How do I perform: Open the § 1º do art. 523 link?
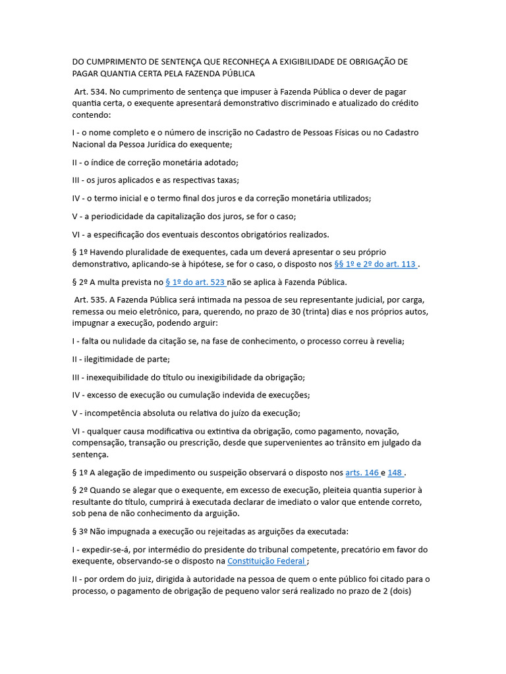tap(195, 282)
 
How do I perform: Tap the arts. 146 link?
tap(362, 473)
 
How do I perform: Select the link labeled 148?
tap(395, 473)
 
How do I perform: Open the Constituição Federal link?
tap(266, 561)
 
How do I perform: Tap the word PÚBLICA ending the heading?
tap(236, 74)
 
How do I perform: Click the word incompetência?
tap(111, 413)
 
